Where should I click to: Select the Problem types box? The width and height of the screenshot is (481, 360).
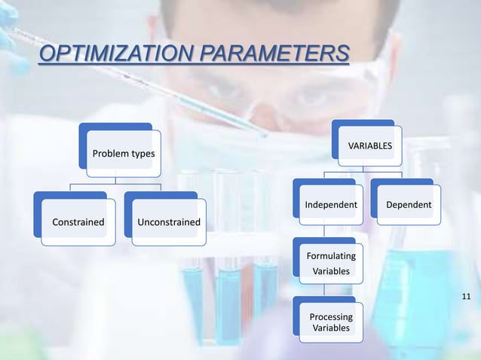click(x=123, y=154)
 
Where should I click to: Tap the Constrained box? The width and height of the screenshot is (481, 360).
click(x=78, y=222)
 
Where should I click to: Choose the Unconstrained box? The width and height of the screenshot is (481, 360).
click(x=168, y=222)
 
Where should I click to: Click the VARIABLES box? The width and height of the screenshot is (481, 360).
click(x=369, y=144)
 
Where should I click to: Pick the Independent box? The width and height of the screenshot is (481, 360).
click(x=331, y=205)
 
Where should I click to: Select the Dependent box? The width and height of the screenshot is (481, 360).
click(x=409, y=205)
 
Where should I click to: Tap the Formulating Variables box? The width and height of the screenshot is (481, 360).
click(x=331, y=263)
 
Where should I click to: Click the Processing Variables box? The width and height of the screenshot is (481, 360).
click(x=331, y=322)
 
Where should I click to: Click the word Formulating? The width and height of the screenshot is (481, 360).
click(x=331, y=256)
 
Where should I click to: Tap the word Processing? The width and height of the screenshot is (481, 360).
click(x=331, y=317)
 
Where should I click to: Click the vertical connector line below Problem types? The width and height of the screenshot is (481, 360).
click(x=115, y=180)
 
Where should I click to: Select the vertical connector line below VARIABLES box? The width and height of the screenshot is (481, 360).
click(x=363, y=172)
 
